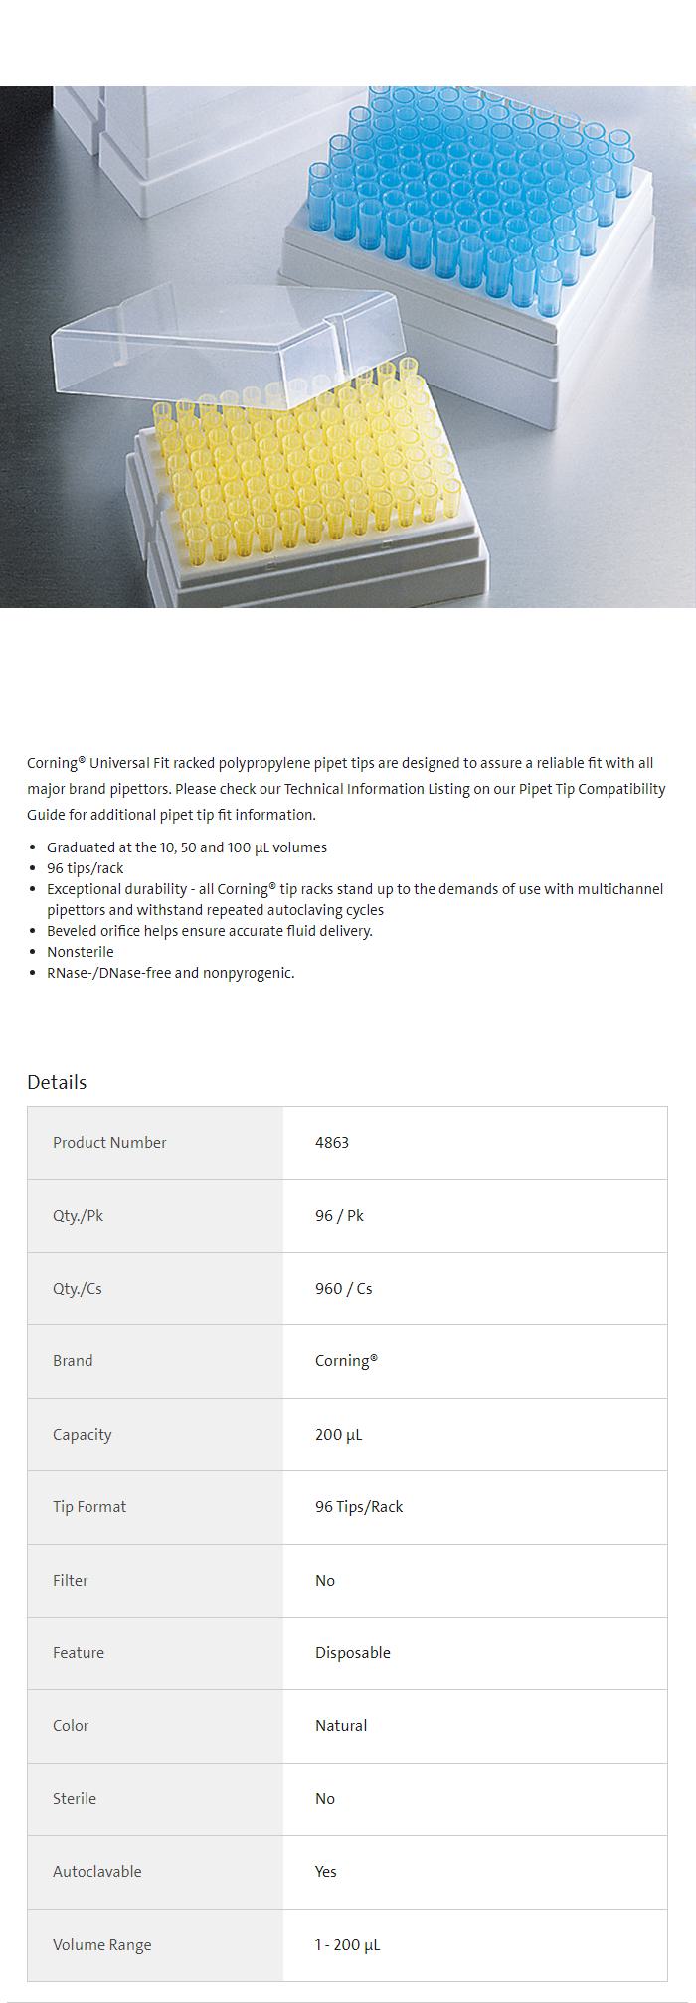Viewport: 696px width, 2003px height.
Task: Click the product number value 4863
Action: (332, 1143)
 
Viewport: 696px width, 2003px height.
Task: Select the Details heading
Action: (57, 1082)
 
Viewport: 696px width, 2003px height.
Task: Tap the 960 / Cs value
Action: (343, 1289)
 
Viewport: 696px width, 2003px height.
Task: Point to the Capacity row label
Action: (83, 1435)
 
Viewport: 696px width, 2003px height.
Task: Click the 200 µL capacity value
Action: (338, 1435)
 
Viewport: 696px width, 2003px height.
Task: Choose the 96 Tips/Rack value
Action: (359, 1507)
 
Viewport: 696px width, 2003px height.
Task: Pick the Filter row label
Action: (71, 1581)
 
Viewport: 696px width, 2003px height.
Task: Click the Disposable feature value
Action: (353, 1653)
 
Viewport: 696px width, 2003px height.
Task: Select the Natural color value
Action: (341, 1726)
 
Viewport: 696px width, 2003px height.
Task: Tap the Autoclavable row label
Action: (97, 1872)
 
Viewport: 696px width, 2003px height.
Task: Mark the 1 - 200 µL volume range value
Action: (347, 1945)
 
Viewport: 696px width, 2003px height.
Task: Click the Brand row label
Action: (73, 1361)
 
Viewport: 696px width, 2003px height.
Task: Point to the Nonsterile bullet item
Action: (81, 952)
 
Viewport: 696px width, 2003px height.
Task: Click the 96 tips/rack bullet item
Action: (86, 868)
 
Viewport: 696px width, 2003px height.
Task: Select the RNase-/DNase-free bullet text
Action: (171, 973)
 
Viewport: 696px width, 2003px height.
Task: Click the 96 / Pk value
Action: (339, 1216)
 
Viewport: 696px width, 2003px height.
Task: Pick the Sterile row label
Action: (75, 1799)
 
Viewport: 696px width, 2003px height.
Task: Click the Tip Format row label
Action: (89, 1507)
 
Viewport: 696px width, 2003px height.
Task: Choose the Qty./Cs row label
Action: (78, 1289)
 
